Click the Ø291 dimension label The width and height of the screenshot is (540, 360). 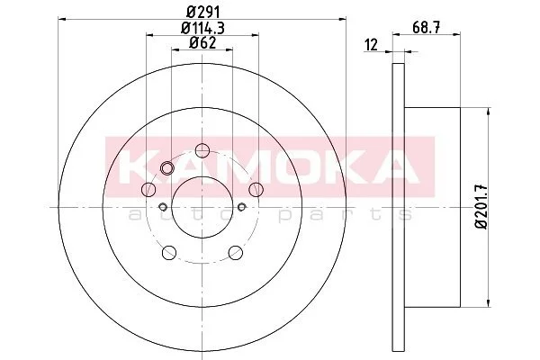click(x=202, y=13)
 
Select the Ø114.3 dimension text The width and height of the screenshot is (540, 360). click(x=202, y=28)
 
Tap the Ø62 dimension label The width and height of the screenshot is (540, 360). click(x=202, y=42)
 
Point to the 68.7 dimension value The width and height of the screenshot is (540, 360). click(x=427, y=28)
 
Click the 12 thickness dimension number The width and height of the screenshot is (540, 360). click(x=371, y=45)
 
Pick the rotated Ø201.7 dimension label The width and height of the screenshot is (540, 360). click(x=481, y=207)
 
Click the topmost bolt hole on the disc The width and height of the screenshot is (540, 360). click(x=202, y=150)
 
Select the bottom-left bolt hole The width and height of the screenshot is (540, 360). click(x=169, y=253)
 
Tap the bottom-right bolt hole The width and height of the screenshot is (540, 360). click(x=236, y=253)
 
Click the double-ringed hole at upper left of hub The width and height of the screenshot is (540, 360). click(x=167, y=168)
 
